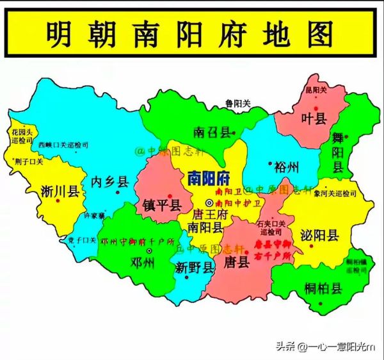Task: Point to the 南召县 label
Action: point(211,133)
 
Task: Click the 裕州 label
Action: point(286,168)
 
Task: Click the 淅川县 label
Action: point(59,190)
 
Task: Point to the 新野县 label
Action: point(195,268)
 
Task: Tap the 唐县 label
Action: point(237,262)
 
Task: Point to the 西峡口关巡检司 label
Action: point(63,145)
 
